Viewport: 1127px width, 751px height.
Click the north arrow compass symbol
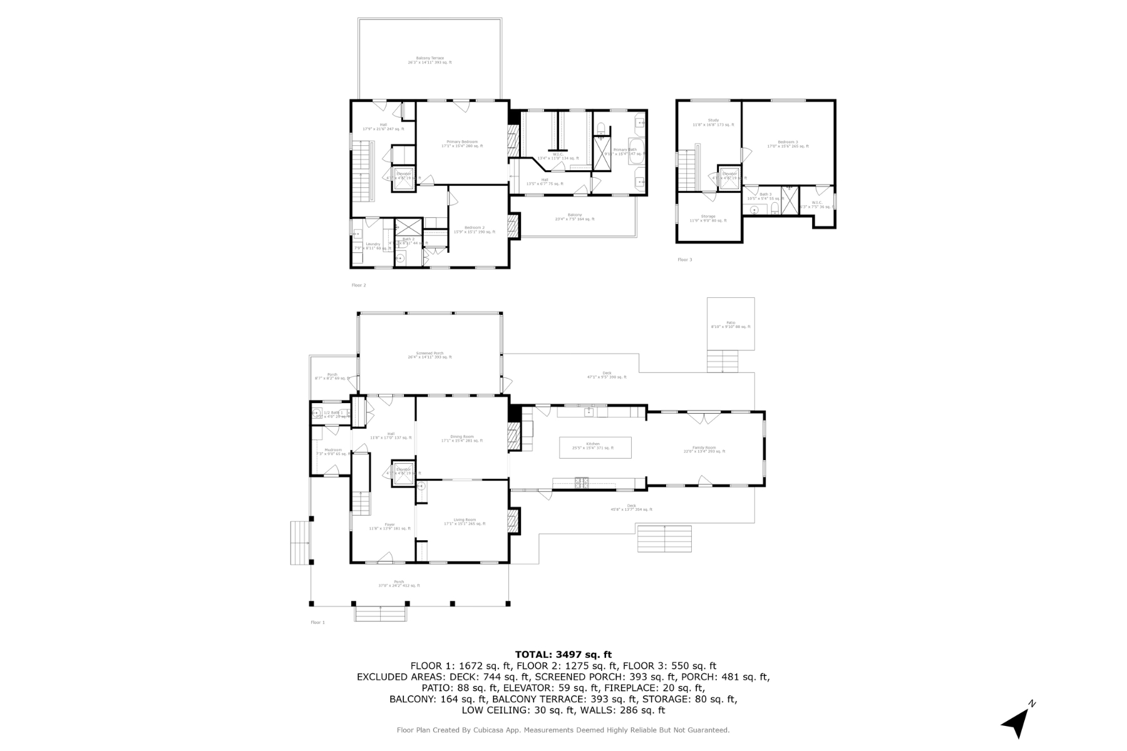[x=1017, y=723]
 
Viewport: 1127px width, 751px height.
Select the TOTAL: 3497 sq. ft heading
[x=563, y=655]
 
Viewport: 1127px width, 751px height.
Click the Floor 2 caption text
[x=359, y=285]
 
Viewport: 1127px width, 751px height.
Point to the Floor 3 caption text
[x=684, y=260]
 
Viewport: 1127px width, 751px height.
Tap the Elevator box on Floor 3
[x=729, y=176]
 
